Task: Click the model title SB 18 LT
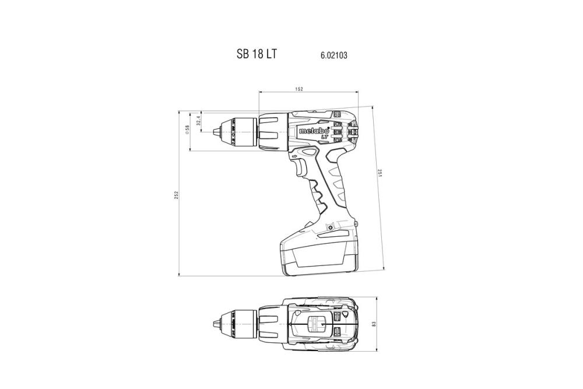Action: tap(257, 54)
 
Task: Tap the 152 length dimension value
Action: tap(298, 89)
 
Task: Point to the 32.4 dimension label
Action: tap(198, 121)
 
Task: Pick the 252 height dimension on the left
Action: tap(176, 195)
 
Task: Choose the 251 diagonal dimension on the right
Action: tap(380, 174)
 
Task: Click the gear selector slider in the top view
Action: tap(317, 324)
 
